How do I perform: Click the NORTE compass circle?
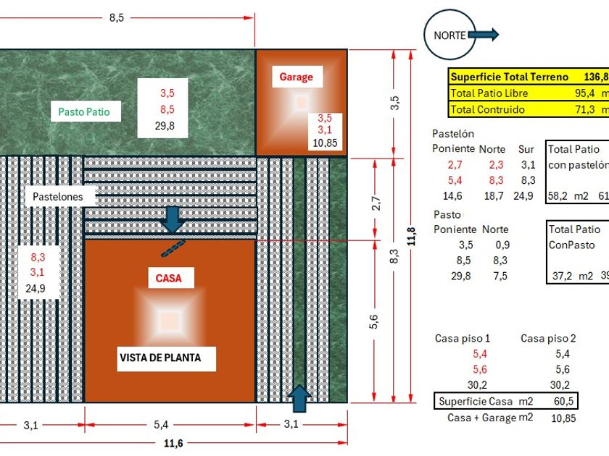click(x=449, y=35)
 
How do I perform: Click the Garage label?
click(x=296, y=77)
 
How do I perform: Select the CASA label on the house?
click(x=169, y=278)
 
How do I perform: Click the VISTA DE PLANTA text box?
click(x=160, y=358)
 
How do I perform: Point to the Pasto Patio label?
click(x=89, y=111)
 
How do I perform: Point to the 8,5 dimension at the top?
click(x=117, y=18)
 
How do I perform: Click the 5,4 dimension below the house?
click(x=170, y=425)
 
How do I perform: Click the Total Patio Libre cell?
click(x=489, y=93)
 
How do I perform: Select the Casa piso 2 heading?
click(x=548, y=338)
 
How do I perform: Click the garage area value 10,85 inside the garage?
click(x=324, y=143)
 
